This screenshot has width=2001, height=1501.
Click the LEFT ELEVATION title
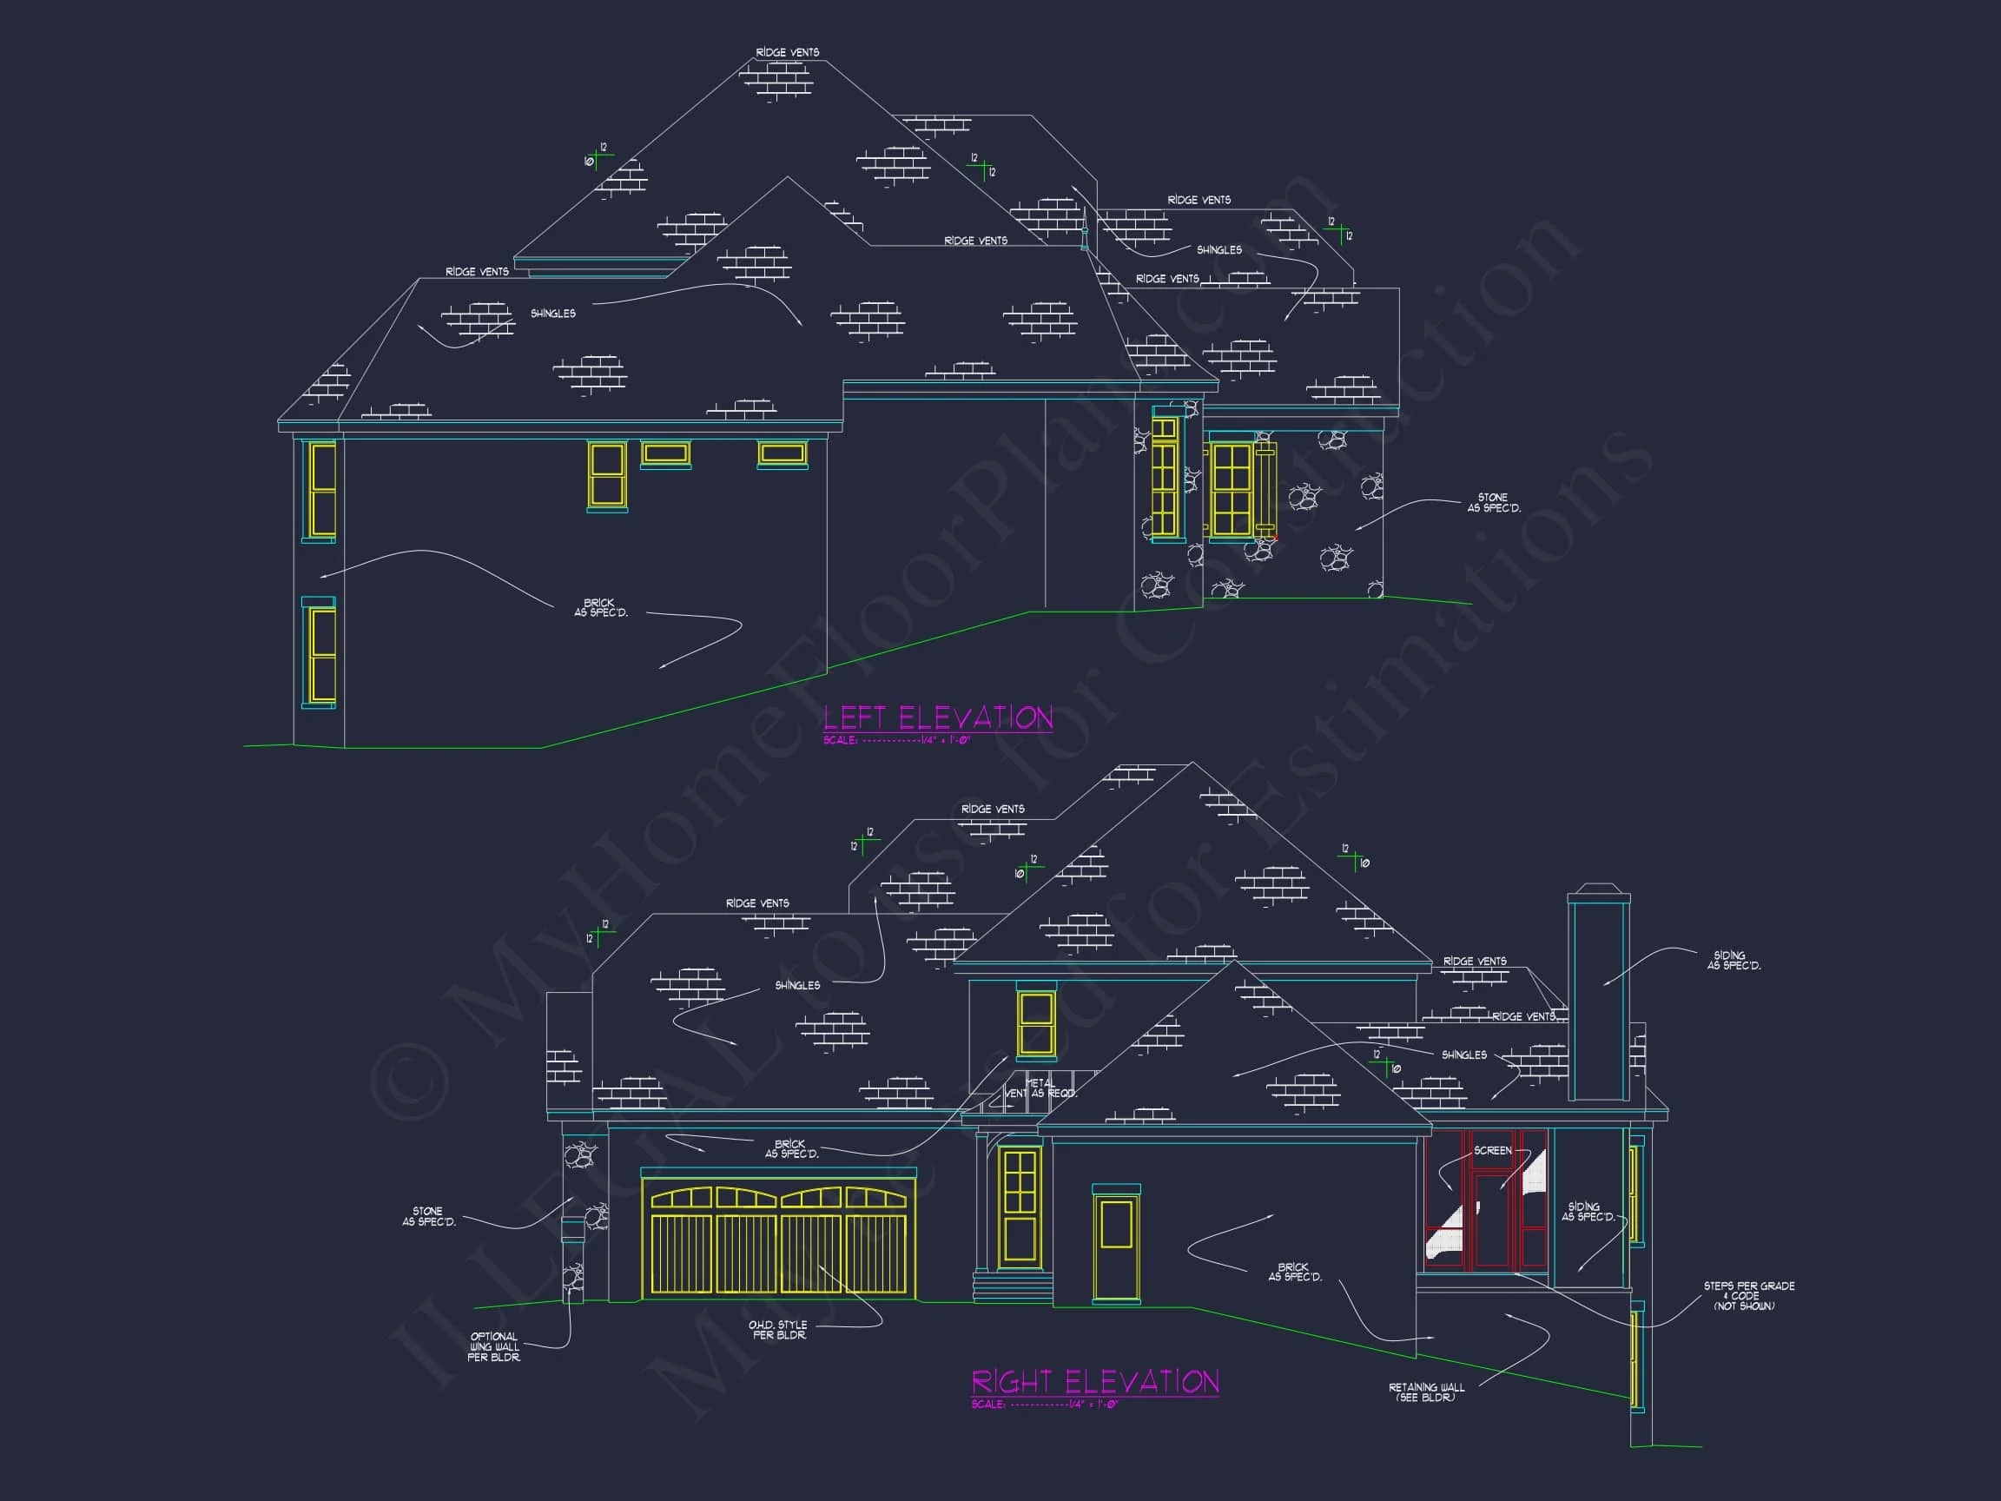(x=938, y=718)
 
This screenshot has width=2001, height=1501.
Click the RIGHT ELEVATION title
(x=1094, y=1382)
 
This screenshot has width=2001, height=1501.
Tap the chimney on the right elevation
(x=1598, y=995)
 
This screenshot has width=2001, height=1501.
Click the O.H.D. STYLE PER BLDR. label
(x=778, y=1329)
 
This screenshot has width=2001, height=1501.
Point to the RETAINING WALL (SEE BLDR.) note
(x=1426, y=1392)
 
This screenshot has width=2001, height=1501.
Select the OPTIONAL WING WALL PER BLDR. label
(x=494, y=1346)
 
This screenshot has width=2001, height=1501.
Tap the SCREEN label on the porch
(x=1492, y=1150)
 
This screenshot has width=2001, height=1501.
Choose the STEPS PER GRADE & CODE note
(x=1748, y=1296)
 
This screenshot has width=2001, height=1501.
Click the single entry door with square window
(x=1116, y=1247)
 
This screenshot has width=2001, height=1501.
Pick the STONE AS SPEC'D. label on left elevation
(x=1494, y=503)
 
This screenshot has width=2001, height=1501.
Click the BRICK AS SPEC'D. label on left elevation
(x=600, y=607)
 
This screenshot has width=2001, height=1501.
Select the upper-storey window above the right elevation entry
(x=1036, y=1022)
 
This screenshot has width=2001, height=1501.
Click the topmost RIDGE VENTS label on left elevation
(x=787, y=52)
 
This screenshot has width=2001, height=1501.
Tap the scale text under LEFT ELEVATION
(x=896, y=740)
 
